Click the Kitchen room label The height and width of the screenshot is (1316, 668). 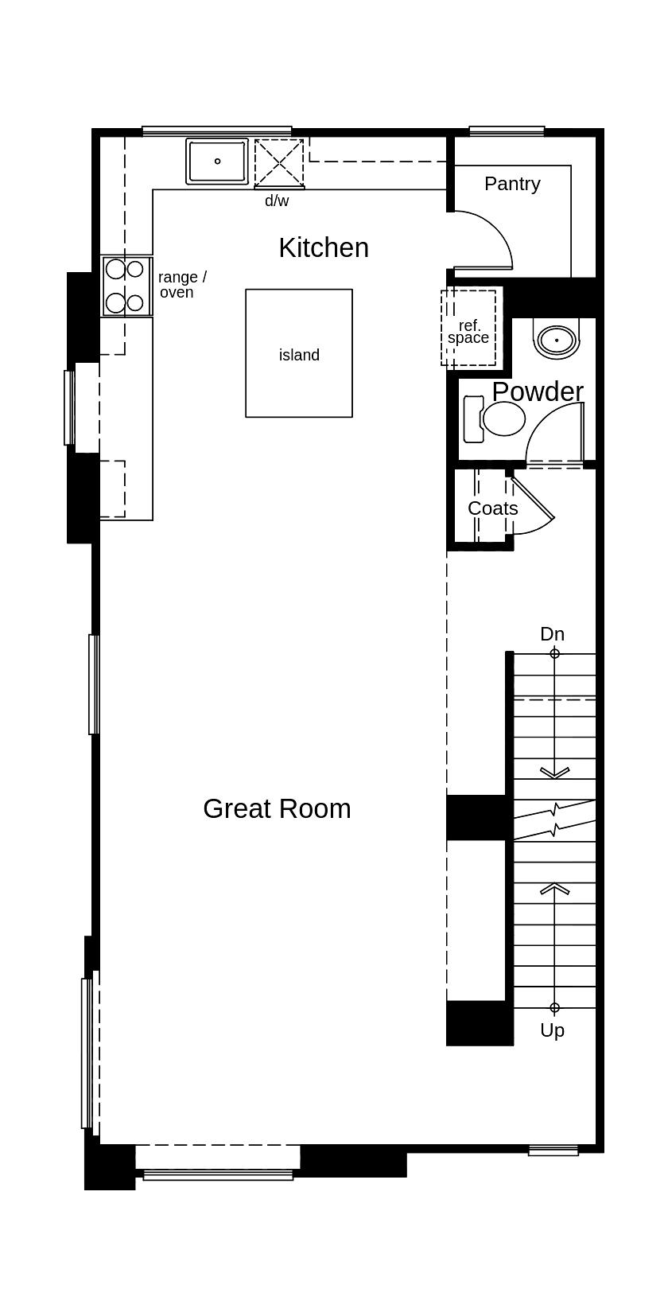(324, 247)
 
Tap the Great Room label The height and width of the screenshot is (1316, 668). (277, 808)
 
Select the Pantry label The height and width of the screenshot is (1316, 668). (512, 184)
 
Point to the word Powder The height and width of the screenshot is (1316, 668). (538, 391)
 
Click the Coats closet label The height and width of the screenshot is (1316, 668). (492, 508)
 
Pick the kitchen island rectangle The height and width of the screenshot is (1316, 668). (299, 353)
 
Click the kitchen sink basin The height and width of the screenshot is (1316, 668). (217, 161)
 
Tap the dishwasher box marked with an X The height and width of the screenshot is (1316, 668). (279, 163)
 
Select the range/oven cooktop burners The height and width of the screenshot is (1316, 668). (126, 286)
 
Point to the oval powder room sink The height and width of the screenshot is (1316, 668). (557, 340)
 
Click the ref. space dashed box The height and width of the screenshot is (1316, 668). (468, 328)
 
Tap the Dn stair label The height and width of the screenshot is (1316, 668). (552, 634)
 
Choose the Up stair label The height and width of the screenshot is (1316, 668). (552, 1030)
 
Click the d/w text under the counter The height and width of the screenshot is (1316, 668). (277, 201)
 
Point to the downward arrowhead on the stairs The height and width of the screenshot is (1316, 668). (554, 772)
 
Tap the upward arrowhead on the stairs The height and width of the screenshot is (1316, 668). (554, 888)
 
